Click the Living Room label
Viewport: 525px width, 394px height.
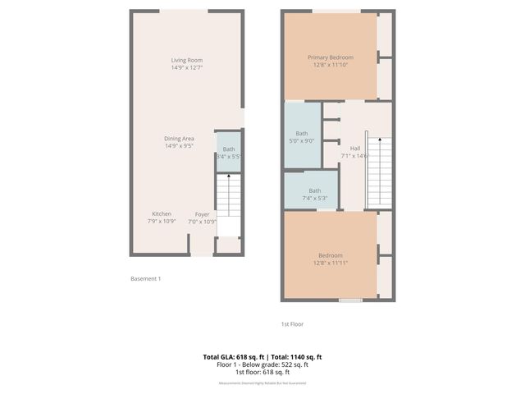(x=187, y=60)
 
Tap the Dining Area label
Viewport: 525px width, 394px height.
(x=179, y=138)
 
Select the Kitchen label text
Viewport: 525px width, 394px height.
(x=161, y=213)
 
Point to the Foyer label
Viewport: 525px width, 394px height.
(x=202, y=213)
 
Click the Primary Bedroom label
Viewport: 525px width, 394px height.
(x=331, y=57)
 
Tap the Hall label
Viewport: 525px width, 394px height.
(x=355, y=148)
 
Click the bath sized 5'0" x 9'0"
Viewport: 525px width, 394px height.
(x=302, y=136)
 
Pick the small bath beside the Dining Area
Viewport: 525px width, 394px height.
(x=228, y=152)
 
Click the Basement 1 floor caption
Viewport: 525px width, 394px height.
(x=146, y=279)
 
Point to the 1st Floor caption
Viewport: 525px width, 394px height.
(x=292, y=324)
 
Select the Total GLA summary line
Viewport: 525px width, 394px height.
(x=262, y=356)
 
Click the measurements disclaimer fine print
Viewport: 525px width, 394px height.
(x=262, y=383)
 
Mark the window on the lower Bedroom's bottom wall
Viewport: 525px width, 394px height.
(x=350, y=300)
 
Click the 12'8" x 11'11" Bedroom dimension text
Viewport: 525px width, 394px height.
(x=331, y=263)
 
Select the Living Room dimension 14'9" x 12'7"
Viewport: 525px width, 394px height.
(x=187, y=67)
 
